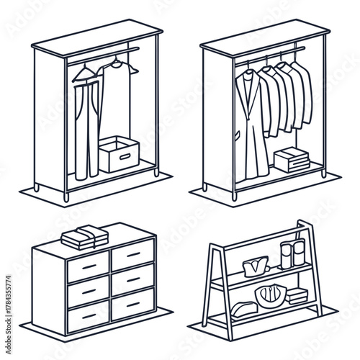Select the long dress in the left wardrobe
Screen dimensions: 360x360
(x=113, y=108)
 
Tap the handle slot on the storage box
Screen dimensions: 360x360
(x=127, y=153)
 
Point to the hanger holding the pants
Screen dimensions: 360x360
(x=85, y=72)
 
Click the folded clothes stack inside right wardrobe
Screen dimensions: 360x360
(x=291, y=158)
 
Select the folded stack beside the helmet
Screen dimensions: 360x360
(x=296, y=295)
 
